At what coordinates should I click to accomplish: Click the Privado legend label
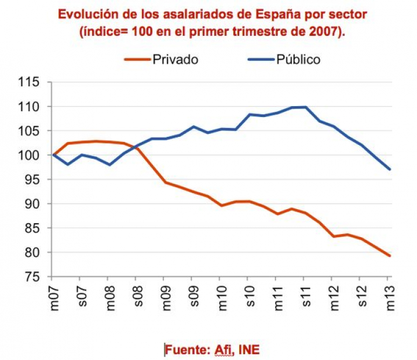(x=175, y=60)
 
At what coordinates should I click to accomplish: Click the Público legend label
(x=298, y=60)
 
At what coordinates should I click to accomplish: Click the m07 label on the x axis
(x=53, y=299)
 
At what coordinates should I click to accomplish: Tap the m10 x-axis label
(x=221, y=299)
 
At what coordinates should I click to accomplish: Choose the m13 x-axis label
(x=389, y=299)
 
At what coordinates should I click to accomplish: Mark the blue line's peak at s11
(x=305, y=107)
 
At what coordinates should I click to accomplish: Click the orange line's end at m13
(x=389, y=256)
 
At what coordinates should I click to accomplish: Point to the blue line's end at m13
(x=389, y=169)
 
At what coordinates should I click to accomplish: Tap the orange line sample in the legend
(x=136, y=60)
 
